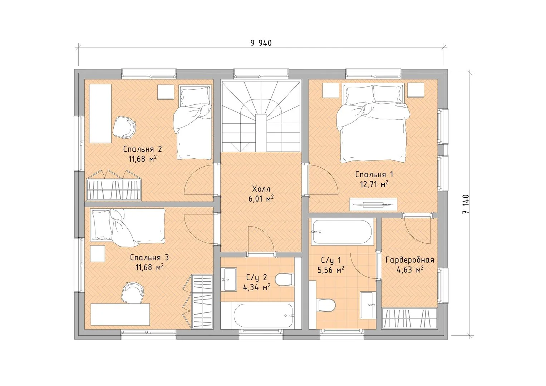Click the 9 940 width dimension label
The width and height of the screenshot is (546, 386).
pyautogui.click(x=261, y=43)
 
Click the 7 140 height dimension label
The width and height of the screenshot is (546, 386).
pyautogui.click(x=466, y=204)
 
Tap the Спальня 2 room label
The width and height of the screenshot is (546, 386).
pyautogui.click(x=143, y=149)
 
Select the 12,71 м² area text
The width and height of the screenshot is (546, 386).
pyautogui.click(x=374, y=184)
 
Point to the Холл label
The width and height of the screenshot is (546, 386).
pyautogui.click(x=261, y=189)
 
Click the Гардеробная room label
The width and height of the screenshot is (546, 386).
pyautogui.click(x=410, y=260)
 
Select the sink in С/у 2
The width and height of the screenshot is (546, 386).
pyautogui.click(x=228, y=279)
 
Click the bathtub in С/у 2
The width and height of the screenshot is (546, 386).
pyautogui.click(x=263, y=316)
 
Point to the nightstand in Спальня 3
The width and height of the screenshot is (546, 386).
pyautogui.click(x=98, y=253)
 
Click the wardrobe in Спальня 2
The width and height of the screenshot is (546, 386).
pyautogui.click(x=114, y=185)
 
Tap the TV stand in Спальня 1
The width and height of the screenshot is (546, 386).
pyautogui.click(x=373, y=204)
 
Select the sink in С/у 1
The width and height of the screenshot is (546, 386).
pyautogui.click(x=368, y=305)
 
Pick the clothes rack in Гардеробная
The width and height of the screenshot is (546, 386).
pyautogui.click(x=409, y=318)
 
